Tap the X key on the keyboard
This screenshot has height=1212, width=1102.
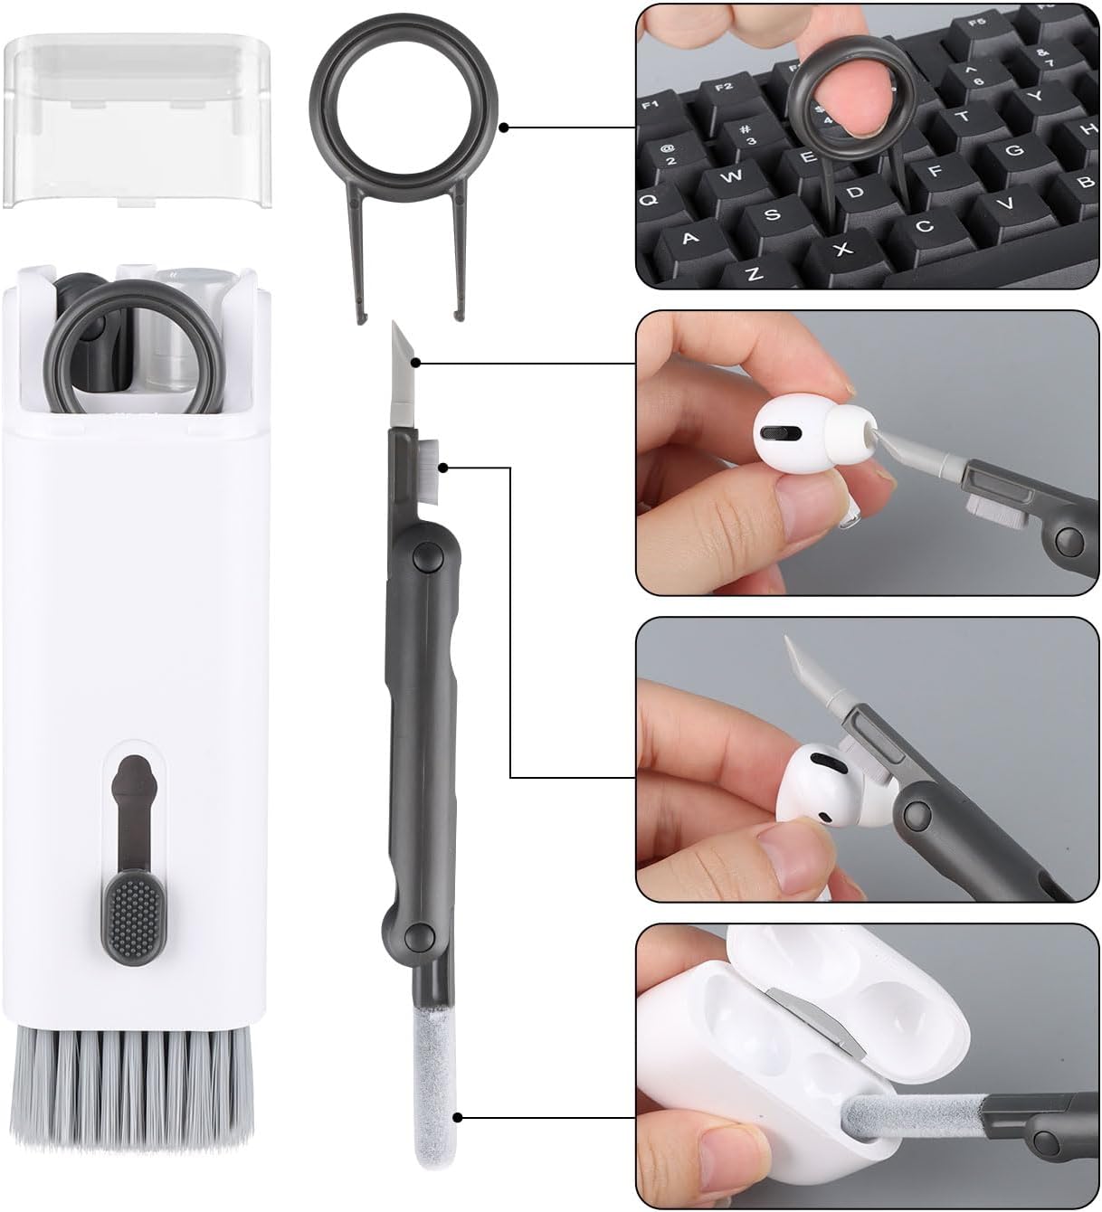(x=842, y=249)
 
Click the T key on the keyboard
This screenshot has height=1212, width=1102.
(x=963, y=117)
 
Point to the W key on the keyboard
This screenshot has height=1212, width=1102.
(x=731, y=175)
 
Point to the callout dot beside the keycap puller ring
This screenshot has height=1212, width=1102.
(x=505, y=128)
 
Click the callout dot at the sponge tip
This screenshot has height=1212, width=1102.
(x=461, y=1119)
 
